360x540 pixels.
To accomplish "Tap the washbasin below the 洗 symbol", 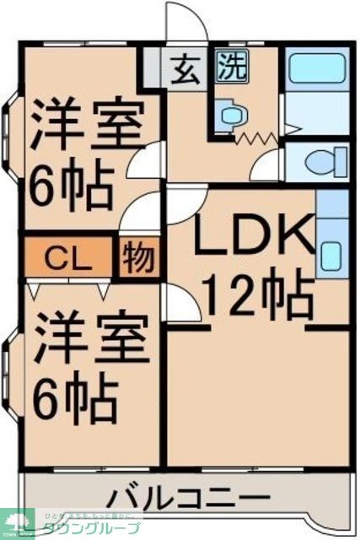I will [229, 114].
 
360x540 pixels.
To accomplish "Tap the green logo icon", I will [17, 521].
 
